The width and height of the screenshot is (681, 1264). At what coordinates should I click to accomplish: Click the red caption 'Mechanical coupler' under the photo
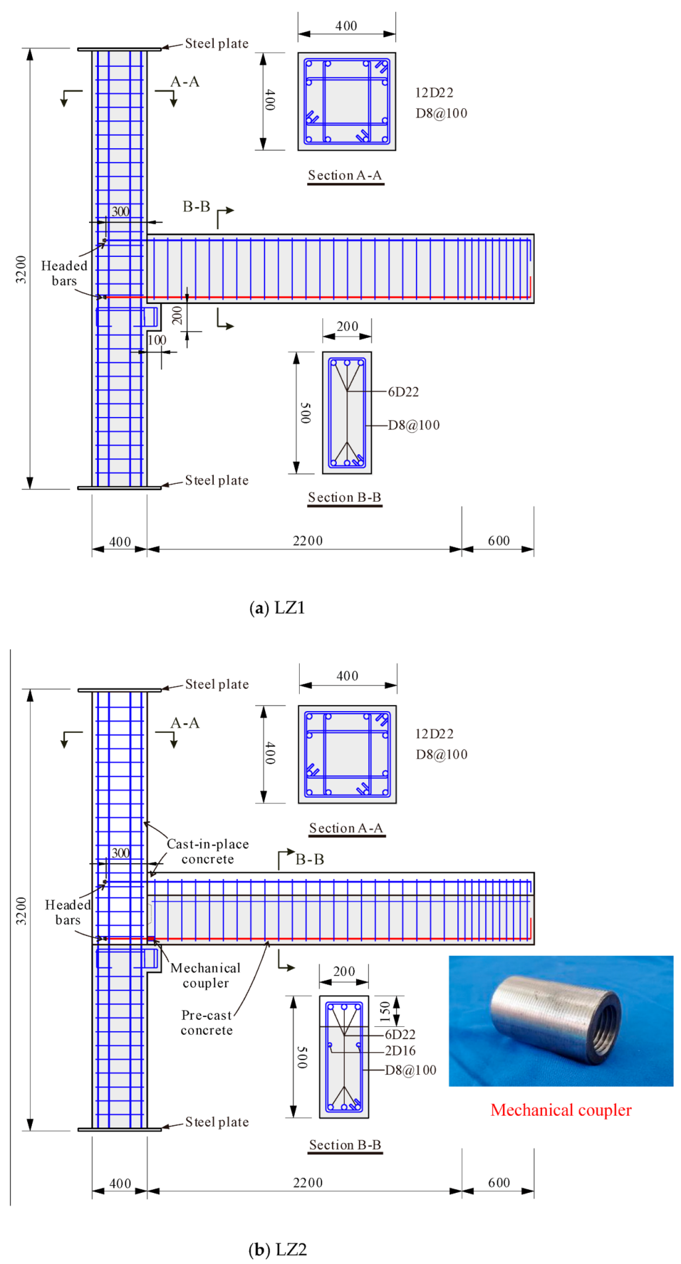[560, 1110]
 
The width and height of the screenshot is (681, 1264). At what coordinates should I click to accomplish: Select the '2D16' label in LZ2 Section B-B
[400, 1050]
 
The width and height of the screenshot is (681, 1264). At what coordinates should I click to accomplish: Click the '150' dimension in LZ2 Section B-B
[386, 1010]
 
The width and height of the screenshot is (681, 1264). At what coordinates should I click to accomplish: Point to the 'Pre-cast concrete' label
[206, 1022]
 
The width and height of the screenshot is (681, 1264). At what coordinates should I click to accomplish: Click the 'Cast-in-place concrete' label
[208, 851]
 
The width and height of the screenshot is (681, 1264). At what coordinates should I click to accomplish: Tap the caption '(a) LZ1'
[277, 608]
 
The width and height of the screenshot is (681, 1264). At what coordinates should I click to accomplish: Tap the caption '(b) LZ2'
[277, 1249]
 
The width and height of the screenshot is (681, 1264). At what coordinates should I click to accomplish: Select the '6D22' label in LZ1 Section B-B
[403, 392]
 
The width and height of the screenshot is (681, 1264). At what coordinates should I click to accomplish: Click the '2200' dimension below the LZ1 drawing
[308, 541]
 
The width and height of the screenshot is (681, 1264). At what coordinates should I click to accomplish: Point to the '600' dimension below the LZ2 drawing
[499, 1182]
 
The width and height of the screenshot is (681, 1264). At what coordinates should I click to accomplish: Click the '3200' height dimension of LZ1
[21, 269]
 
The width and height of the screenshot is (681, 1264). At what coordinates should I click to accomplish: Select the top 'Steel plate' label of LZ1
[217, 43]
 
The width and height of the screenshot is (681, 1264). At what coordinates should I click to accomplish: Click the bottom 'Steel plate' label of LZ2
[217, 1122]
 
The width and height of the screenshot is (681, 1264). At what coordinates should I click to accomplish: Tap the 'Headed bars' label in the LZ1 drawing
[64, 273]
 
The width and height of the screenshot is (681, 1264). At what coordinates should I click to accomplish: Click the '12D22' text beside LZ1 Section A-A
[434, 93]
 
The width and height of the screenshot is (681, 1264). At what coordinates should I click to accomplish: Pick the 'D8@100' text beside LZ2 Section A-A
[441, 754]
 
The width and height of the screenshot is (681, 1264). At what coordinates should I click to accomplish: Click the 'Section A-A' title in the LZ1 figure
[345, 175]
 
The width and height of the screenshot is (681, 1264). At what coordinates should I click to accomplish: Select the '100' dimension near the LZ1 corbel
[157, 340]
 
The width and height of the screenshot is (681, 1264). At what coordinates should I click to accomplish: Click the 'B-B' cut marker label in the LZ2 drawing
[310, 859]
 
